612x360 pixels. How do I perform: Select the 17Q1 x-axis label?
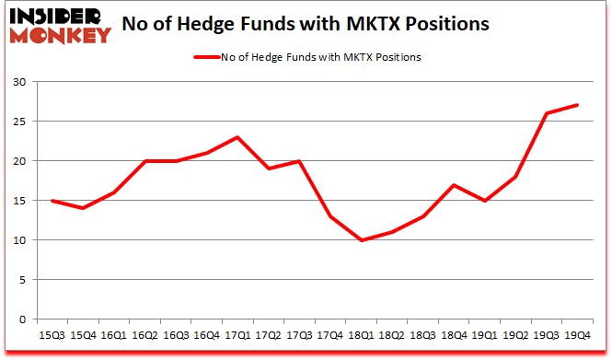(x=237, y=337)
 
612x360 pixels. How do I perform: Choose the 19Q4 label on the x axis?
(x=577, y=337)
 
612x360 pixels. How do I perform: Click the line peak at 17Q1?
(x=237, y=137)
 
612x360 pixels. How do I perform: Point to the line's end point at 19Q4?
(x=576, y=105)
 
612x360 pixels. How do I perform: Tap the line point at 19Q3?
(x=546, y=113)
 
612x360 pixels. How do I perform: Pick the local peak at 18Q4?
(x=454, y=185)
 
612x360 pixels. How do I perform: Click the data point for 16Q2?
(x=145, y=161)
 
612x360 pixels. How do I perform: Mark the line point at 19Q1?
(x=484, y=201)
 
